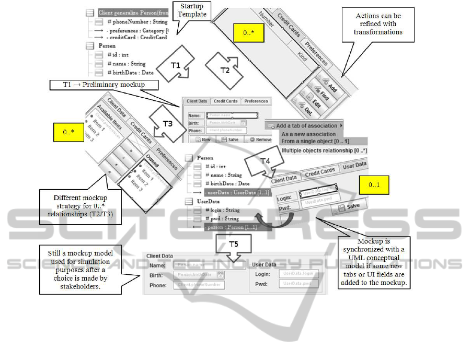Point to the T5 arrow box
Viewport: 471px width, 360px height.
point(234,243)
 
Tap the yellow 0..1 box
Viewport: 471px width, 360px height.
point(374,185)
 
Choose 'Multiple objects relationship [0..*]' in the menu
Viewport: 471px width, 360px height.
point(324,150)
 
